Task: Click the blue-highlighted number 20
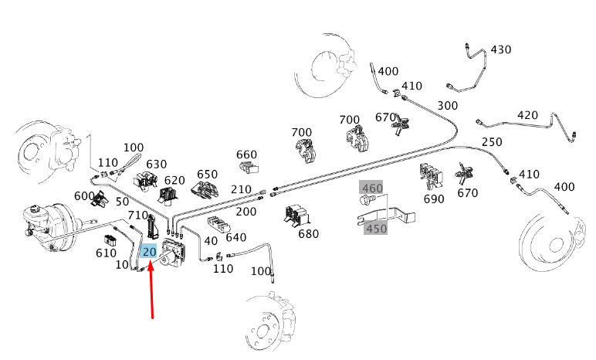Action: (x=149, y=251)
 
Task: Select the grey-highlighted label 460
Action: (x=372, y=188)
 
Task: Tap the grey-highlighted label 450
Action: (x=376, y=228)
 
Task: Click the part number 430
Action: (x=501, y=49)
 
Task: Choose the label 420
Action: (x=527, y=115)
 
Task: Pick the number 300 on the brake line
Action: (x=447, y=105)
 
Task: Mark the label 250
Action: (x=492, y=141)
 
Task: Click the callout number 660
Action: (x=246, y=155)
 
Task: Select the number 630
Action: (x=157, y=164)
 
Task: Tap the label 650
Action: (x=207, y=174)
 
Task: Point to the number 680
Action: (x=308, y=233)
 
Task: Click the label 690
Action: (x=434, y=199)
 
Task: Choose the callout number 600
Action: (x=84, y=195)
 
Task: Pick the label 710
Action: (x=137, y=215)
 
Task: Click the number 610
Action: (x=106, y=253)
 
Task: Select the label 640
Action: (x=235, y=237)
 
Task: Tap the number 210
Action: (x=241, y=189)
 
